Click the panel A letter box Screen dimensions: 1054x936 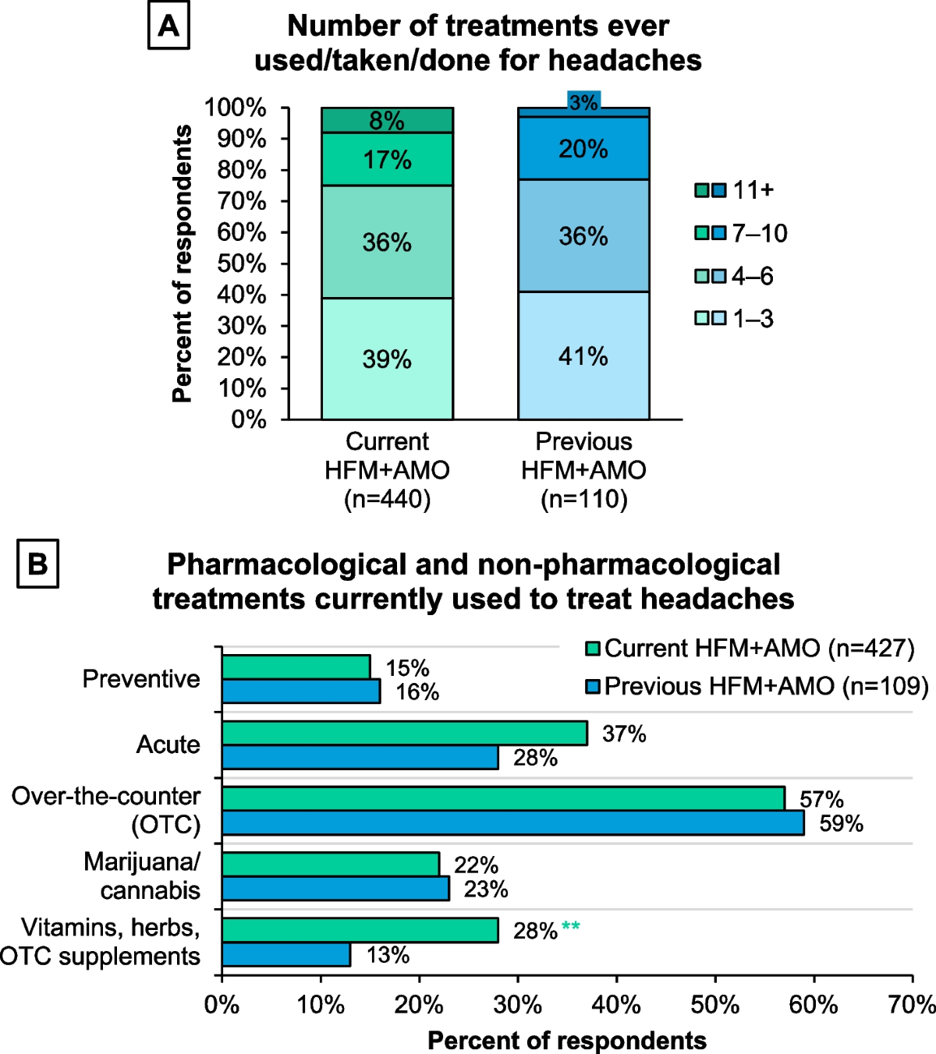[168, 27]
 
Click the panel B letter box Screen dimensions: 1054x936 [37, 564]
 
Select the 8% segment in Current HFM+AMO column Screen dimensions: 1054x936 [387, 120]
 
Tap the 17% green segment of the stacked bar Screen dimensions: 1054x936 [387, 159]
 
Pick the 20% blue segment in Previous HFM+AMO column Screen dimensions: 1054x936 [583, 148]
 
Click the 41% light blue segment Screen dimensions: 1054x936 [583, 356]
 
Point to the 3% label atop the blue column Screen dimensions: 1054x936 [583, 101]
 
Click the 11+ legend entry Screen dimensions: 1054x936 [735, 190]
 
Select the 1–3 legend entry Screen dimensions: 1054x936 [735, 319]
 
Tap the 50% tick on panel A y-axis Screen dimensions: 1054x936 [242, 263]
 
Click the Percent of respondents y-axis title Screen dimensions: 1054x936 [182, 263]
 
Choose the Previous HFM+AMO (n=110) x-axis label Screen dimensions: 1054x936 [583, 470]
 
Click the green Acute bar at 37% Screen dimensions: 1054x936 [404, 733]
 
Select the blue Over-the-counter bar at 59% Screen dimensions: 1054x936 [512, 823]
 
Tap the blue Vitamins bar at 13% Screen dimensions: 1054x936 [286, 954]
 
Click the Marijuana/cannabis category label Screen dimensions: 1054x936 [143, 875]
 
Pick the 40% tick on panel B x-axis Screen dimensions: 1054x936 [616, 1005]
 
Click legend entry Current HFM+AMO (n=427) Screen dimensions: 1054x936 [750, 649]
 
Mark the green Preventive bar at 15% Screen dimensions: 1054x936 [296, 667]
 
